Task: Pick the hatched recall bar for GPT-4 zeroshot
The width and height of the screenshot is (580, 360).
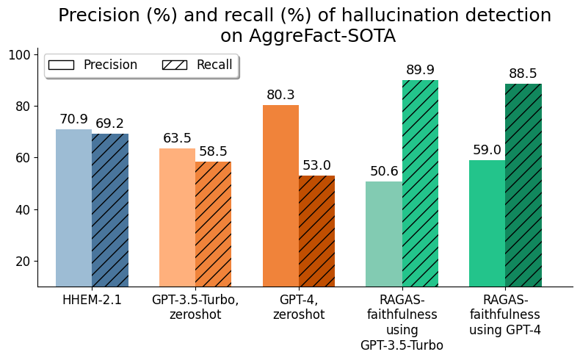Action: point(316,231)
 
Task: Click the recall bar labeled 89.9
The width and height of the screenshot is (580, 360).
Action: point(420,184)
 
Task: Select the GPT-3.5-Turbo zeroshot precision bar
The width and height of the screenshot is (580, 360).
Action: point(177,217)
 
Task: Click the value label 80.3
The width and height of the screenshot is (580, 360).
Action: point(280,96)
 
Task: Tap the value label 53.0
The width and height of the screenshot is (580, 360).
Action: point(316,166)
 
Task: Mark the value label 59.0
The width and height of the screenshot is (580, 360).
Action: point(487,151)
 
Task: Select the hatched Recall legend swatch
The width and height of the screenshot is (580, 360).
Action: point(175,65)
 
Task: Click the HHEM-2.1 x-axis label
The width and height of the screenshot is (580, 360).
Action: point(92,300)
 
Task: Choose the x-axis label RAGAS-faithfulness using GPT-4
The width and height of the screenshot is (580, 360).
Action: point(505,314)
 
